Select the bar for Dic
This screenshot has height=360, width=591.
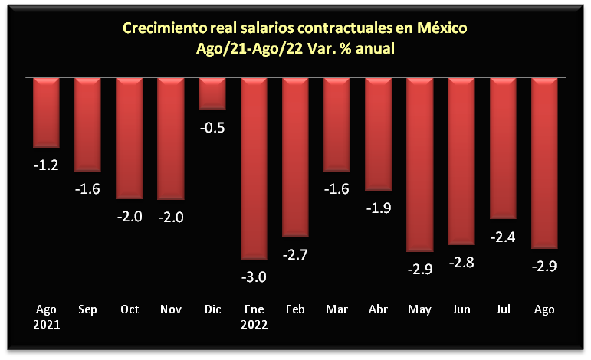coord(212,93)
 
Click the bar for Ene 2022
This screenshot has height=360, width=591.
coord(254,168)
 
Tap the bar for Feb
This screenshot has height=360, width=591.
coord(296,157)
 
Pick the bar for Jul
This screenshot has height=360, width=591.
coord(503,148)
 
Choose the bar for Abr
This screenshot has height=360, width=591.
coord(378,134)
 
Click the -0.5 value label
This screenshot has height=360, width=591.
coord(212,128)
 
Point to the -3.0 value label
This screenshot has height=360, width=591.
coord(254,277)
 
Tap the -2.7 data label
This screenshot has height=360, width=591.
coord(296,254)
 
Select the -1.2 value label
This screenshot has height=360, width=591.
coord(47,164)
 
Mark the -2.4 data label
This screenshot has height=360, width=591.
coord(503,237)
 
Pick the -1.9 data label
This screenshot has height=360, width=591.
coord(378,208)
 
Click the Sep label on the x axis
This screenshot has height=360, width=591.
coord(88,309)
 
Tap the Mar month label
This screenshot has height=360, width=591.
coord(337,309)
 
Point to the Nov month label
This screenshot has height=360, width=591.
coord(171,309)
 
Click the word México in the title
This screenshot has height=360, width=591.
coord(442,29)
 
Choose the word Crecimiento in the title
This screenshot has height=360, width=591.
coord(162,29)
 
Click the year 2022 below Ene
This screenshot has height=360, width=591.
coord(254,323)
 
